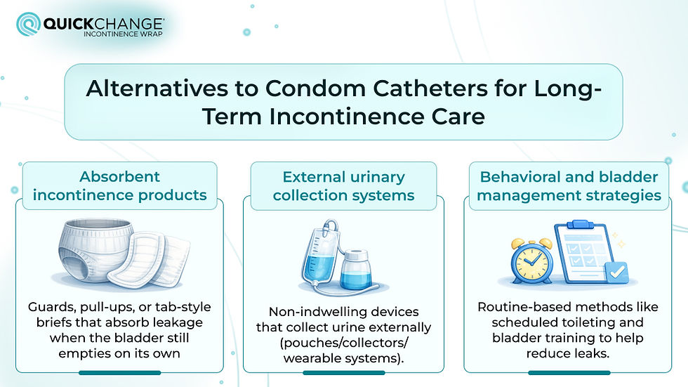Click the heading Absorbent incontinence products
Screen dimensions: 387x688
pyautogui.click(x=119, y=185)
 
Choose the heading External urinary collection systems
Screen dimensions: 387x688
pyautogui.click(x=344, y=185)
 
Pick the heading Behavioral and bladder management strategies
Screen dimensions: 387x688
pyautogui.click(x=569, y=185)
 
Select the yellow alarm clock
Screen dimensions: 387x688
pyautogui.click(x=531, y=260)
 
